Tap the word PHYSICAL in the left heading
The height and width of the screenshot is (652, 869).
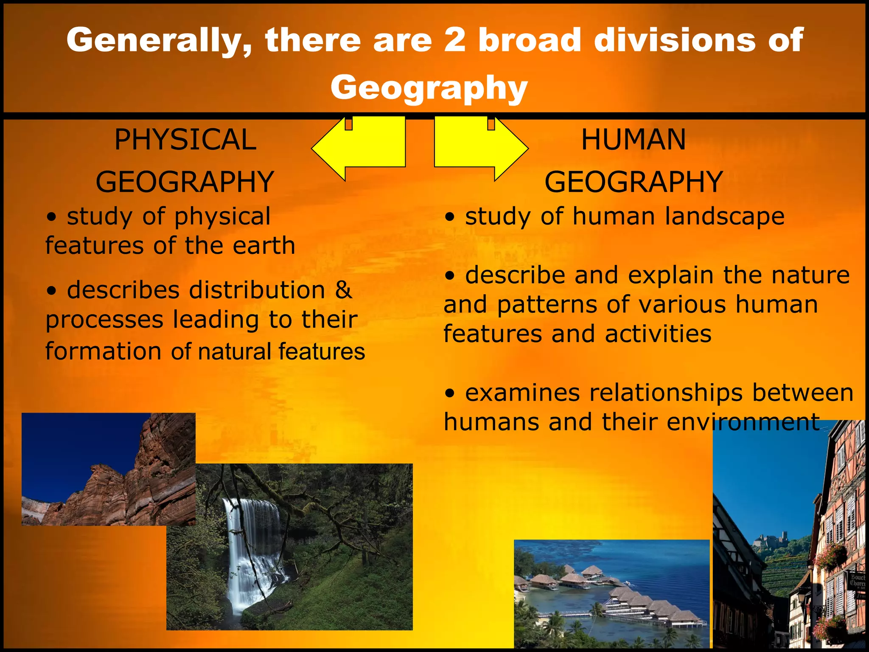pyautogui.click(x=185, y=140)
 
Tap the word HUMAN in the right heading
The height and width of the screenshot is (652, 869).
pyautogui.click(x=633, y=140)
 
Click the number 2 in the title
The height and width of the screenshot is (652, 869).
pyautogui.click(x=454, y=40)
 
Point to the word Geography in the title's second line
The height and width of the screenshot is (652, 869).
pyautogui.click(x=429, y=87)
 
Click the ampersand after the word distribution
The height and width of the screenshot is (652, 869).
pyautogui.click(x=343, y=290)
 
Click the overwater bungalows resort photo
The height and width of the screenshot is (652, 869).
pyautogui.click(x=611, y=594)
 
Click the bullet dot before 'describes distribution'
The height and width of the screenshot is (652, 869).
pyautogui.click(x=52, y=291)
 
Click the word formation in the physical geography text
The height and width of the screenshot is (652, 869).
pyautogui.click(x=103, y=351)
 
